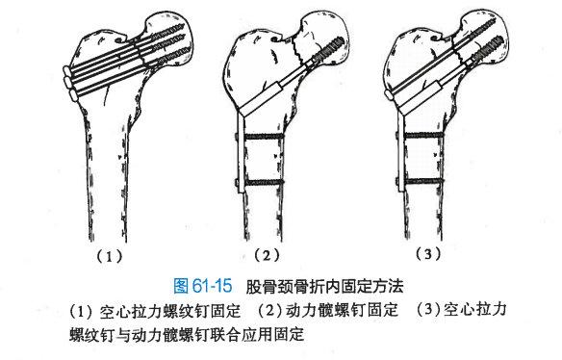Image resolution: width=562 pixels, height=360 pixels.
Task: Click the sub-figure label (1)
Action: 110,256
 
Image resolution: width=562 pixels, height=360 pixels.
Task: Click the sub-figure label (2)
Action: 267,255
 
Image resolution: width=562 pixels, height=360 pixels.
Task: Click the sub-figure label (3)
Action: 428,254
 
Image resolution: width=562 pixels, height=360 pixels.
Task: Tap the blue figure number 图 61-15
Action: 202,286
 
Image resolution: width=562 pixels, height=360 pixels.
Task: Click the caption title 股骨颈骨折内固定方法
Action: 324,286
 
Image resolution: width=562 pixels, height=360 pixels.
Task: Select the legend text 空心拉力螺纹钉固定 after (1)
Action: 170,311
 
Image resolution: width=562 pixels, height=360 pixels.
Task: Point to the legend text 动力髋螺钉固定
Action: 343,310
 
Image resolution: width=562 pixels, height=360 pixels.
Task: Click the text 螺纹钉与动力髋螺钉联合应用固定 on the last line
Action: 187,334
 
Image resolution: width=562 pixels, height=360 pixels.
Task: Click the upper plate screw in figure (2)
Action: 260,137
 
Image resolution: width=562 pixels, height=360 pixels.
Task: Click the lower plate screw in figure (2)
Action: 260,183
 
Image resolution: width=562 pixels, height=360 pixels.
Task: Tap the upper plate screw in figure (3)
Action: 421,136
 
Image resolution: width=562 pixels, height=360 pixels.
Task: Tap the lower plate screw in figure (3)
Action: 421,181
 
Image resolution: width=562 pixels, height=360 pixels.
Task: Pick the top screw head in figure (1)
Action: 67,70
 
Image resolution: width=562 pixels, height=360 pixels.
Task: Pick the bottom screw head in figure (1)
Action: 73,95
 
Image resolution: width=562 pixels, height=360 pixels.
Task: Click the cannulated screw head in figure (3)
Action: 389,94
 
